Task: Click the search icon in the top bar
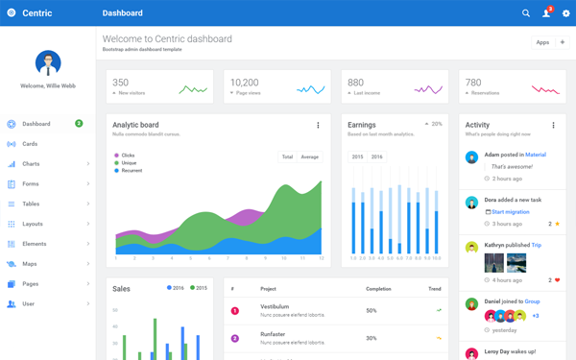click(x=526, y=13)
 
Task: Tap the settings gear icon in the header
click(x=565, y=13)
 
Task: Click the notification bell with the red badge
click(x=546, y=13)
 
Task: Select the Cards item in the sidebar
click(x=30, y=144)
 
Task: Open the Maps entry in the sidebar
click(x=30, y=264)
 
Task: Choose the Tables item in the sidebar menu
click(x=31, y=204)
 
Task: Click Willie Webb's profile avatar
click(x=48, y=63)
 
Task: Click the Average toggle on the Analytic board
click(x=310, y=156)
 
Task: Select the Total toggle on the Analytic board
click(x=287, y=156)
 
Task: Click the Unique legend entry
click(x=129, y=163)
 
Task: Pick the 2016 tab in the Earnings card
click(x=376, y=156)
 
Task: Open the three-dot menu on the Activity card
click(x=553, y=126)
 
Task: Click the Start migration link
click(x=510, y=211)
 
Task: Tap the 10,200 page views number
click(x=244, y=83)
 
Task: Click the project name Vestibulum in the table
click(x=275, y=307)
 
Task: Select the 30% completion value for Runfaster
click(x=371, y=338)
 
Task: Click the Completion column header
click(x=378, y=289)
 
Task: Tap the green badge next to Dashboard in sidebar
click(x=79, y=124)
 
